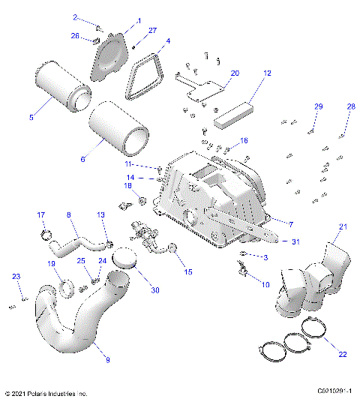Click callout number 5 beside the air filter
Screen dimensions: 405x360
click(x=31, y=117)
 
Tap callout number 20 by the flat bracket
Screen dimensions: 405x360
click(x=235, y=73)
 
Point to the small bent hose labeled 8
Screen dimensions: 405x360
click(x=80, y=241)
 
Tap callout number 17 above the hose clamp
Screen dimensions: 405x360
click(x=42, y=215)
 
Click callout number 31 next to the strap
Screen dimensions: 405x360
click(x=295, y=241)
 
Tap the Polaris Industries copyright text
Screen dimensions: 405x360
click(x=46, y=393)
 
